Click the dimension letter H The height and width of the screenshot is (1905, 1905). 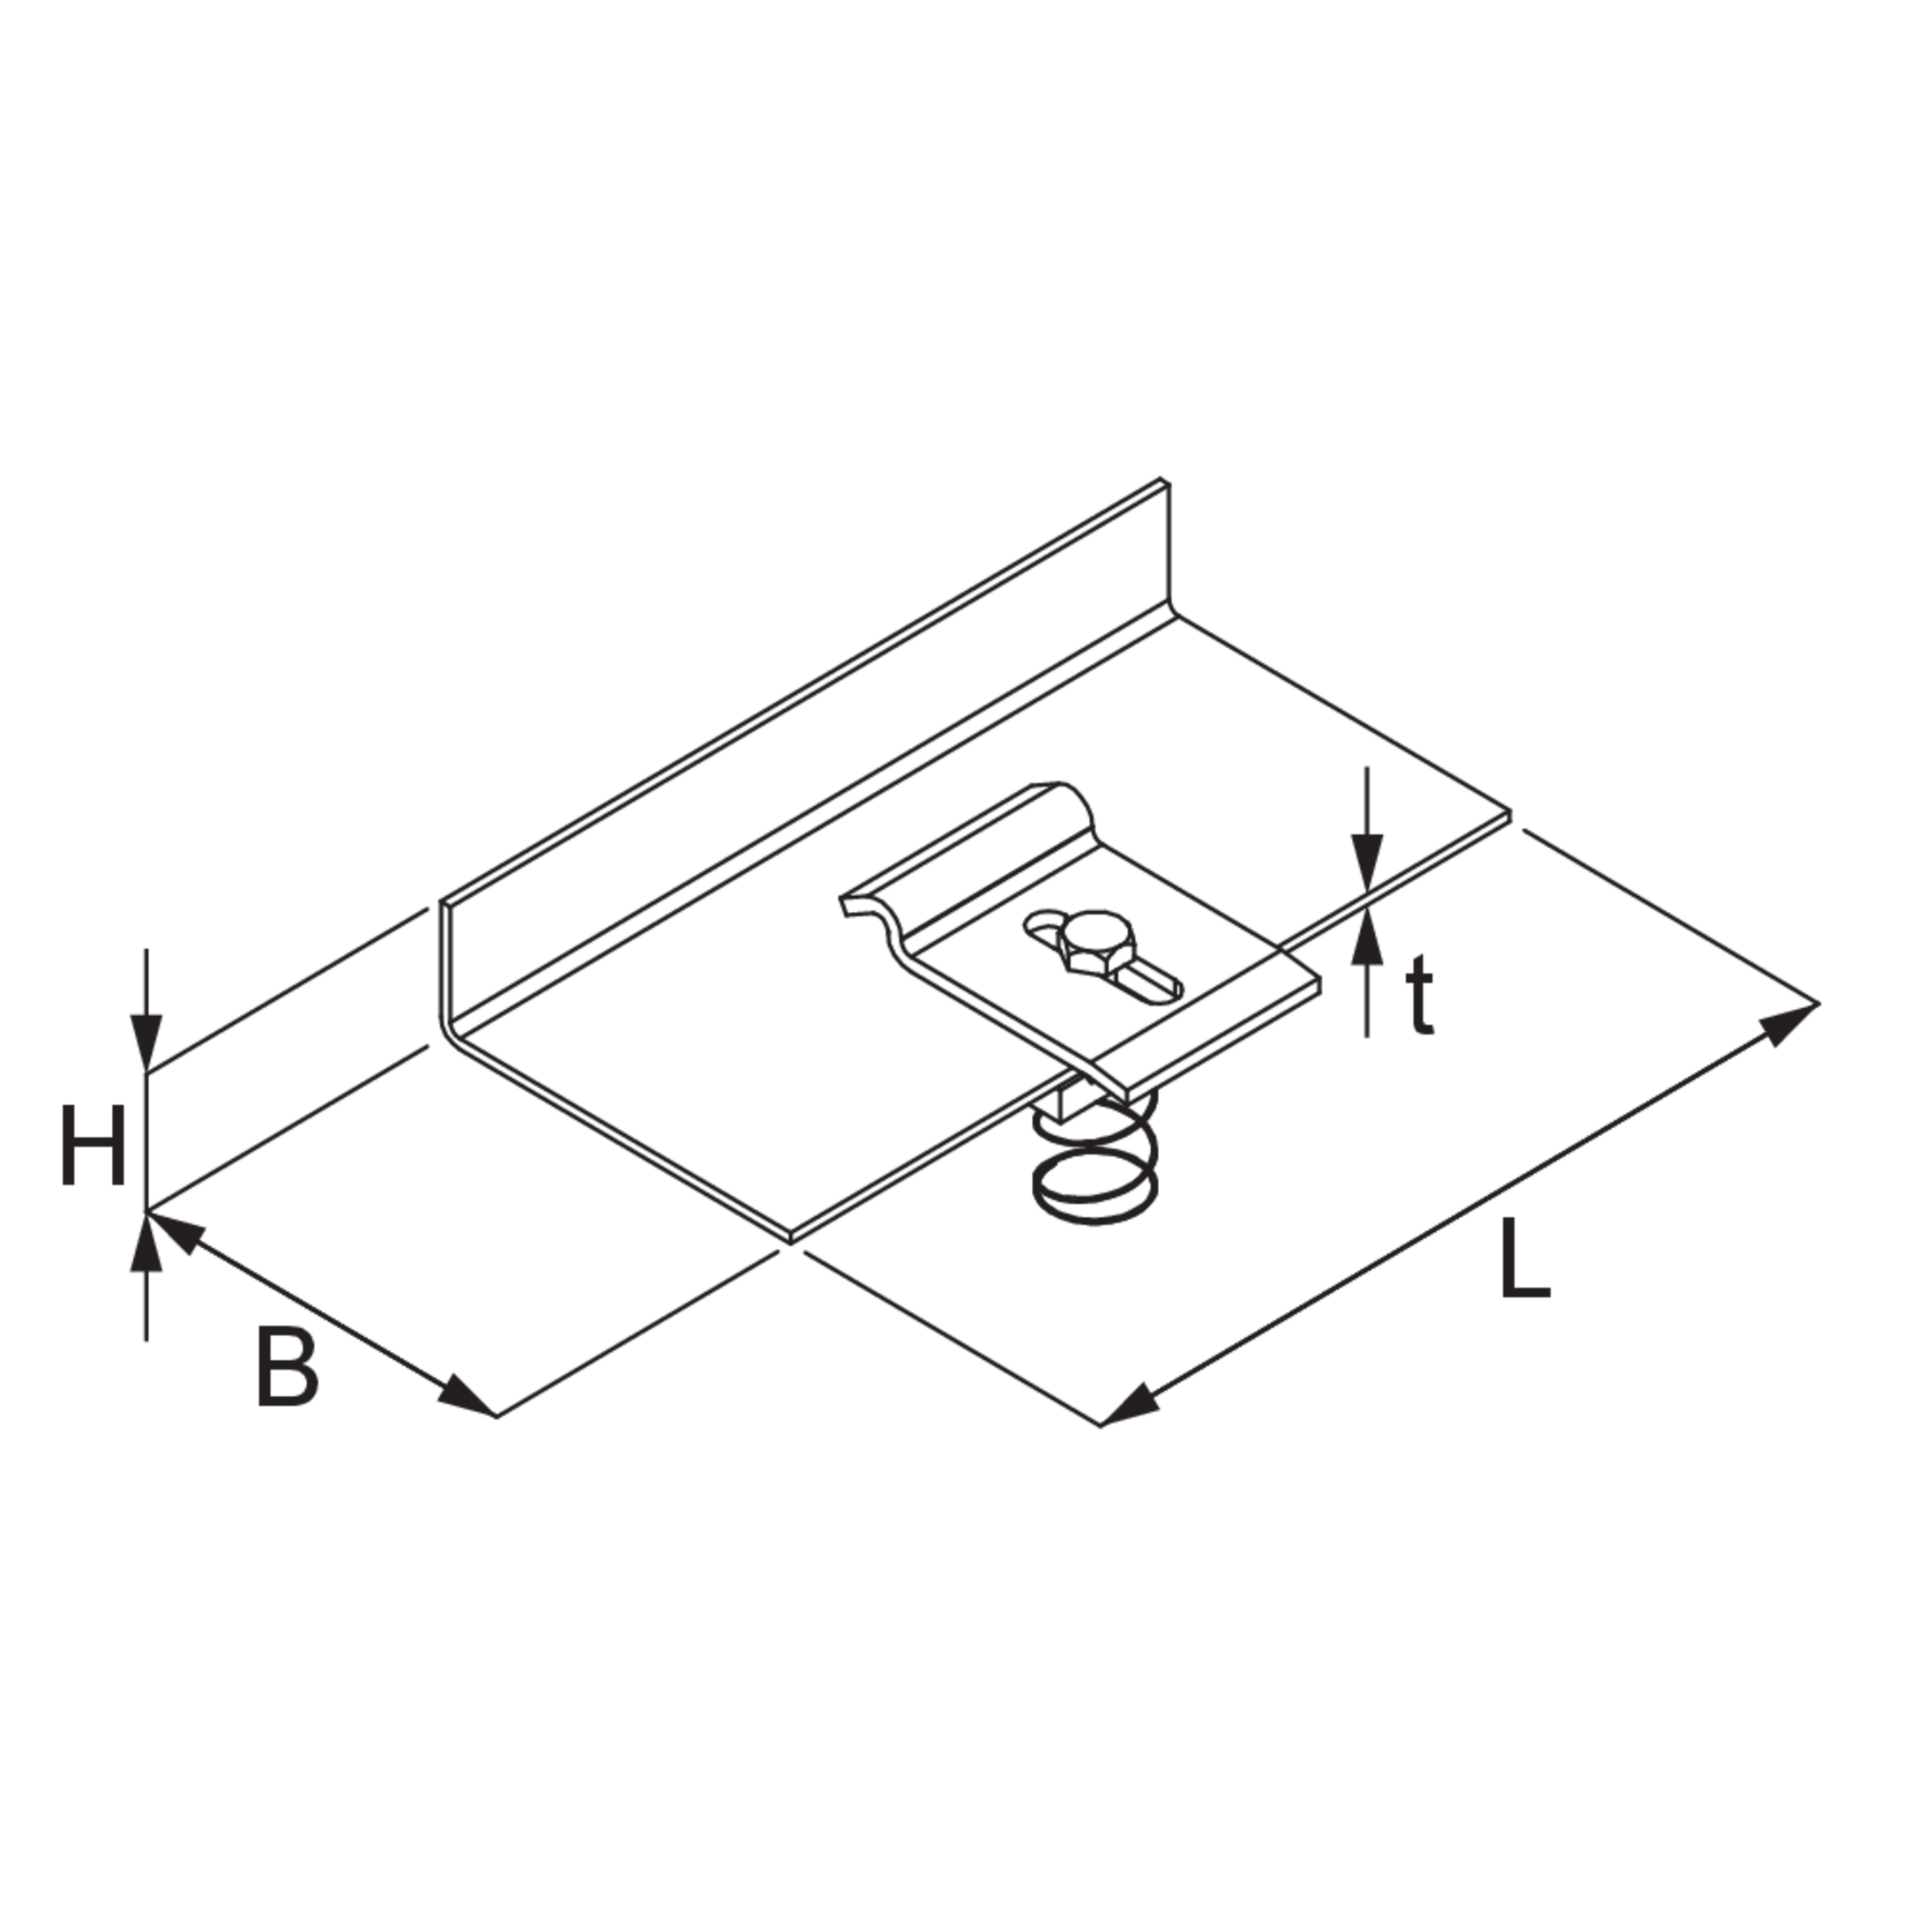point(93,1145)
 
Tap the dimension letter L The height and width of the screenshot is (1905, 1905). point(1524,1259)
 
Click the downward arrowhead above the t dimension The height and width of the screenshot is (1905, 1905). point(1367,863)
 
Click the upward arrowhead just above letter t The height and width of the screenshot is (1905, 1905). point(1367,937)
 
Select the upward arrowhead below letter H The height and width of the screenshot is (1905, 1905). point(147,1240)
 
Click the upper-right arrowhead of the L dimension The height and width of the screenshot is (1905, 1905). point(1789,1021)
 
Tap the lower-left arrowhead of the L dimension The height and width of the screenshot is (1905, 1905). point(1129,1403)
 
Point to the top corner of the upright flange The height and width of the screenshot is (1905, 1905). point(1164,480)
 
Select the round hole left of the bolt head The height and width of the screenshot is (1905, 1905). point(1042,924)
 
